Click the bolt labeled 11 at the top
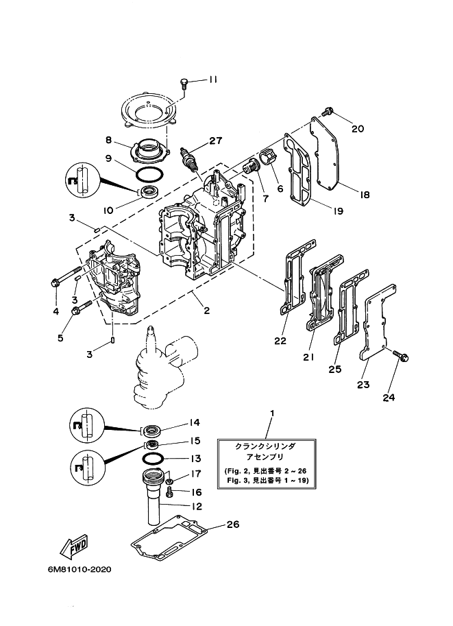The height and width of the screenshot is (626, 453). [184, 83]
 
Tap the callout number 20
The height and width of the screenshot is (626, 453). [358, 128]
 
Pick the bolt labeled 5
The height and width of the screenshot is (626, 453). [76, 311]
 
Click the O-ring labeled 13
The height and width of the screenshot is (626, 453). [154, 458]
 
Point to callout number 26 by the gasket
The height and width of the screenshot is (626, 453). [232, 525]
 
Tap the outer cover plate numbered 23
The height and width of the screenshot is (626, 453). [376, 322]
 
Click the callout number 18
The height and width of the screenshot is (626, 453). [364, 195]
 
